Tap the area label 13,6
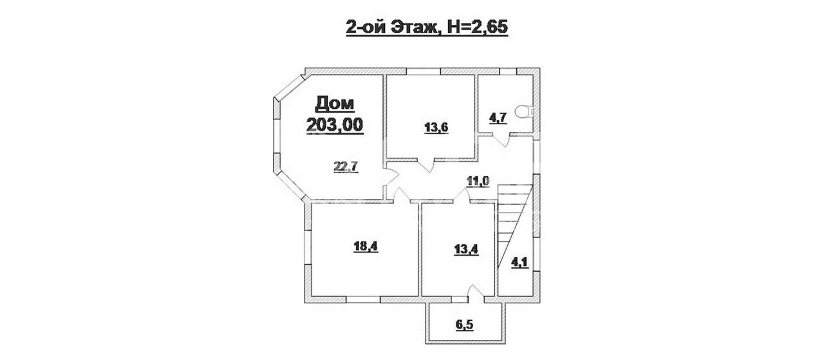436,128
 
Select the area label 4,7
498,118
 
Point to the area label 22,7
346,167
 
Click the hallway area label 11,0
478,181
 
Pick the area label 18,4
366,246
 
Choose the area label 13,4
466,249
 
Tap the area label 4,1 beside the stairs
520,263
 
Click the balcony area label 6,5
465,325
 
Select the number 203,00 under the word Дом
335,125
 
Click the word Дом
335,104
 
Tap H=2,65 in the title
478,27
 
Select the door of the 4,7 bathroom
501,141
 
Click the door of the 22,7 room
393,175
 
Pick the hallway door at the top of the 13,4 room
462,196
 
